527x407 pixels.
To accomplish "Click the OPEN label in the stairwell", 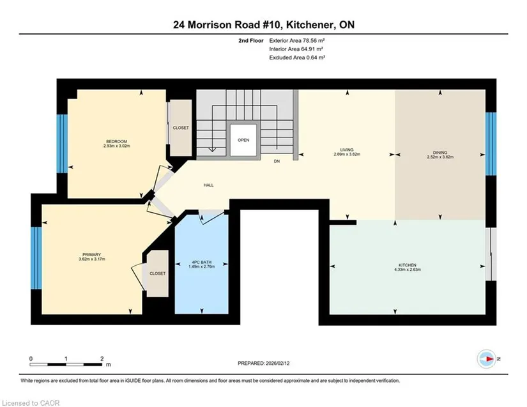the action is [x=243, y=140].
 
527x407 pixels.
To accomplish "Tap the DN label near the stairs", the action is [x=277, y=161].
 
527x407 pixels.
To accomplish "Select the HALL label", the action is [x=208, y=185].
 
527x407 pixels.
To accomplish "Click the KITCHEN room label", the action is [x=408, y=265].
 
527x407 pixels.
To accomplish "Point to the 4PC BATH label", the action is [x=202, y=262].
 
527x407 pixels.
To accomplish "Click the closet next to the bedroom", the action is [x=181, y=128].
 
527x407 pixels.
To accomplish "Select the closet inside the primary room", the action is [x=157, y=273].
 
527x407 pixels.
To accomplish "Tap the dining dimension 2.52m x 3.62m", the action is [x=440, y=157].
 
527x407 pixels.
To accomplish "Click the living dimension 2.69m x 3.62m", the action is [x=347, y=154].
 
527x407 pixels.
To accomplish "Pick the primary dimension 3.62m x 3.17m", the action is [x=92, y=259].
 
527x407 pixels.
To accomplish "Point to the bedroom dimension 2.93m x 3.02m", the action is [x=117, y=146].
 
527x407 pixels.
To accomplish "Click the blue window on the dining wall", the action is [x=491, y=144].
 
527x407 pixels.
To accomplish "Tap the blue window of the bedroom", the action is [x=62, y=144].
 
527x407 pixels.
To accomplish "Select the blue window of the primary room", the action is [x=36, y=258].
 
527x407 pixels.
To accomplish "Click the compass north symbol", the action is [x=487, y=359].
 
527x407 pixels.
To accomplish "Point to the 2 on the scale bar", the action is [x=102, y=358].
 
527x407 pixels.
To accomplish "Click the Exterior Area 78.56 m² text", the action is [x=297, y=41].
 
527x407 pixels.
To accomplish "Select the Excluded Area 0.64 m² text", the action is [x=297, y=58].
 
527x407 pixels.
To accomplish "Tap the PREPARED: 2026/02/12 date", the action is [x=263, y=364].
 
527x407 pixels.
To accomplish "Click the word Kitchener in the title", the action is [x=310, y=25].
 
